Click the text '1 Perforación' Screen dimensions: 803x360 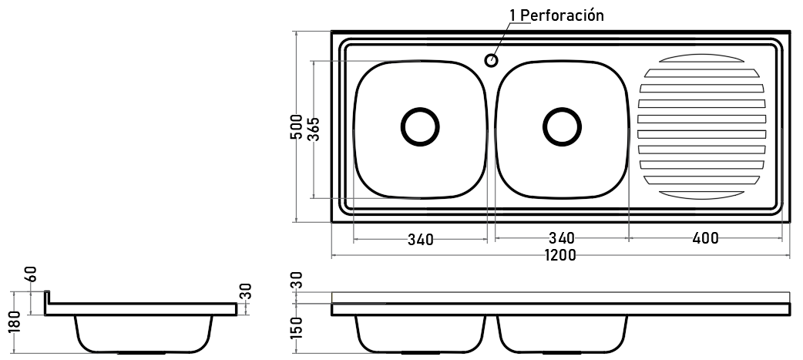click(556, 15)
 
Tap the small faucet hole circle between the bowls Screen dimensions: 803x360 click(491, 60)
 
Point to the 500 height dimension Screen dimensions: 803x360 click(297, 127)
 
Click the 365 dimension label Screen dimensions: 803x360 click(314, 129)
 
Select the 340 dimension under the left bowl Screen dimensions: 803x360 click(421, 239)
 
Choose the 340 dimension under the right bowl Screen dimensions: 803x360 click(562, 238)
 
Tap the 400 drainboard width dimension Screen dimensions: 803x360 click(705, 238)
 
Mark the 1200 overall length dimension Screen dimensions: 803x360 click(560, 255)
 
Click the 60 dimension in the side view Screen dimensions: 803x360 click(32, 274)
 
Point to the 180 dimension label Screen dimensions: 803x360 click(15, 321)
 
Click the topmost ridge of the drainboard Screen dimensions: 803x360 click(701, 58)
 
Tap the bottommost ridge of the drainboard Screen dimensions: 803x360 click(701, 195)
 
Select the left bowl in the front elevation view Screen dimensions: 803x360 click(420, 334)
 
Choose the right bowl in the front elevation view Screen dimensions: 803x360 click(562, 334)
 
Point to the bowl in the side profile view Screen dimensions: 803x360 click(143, 334)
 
